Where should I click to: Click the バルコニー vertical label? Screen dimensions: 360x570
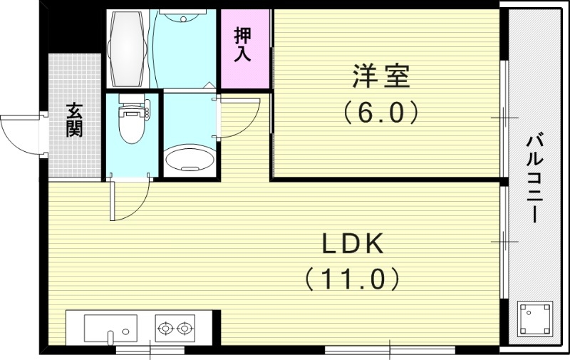[535, 178]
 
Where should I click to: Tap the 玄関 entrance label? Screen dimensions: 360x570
[74, 119]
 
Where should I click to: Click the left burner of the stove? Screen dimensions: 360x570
[166, 329]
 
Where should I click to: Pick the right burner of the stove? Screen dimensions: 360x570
[185, 329]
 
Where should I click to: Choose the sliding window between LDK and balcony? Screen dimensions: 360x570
[504, 242]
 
